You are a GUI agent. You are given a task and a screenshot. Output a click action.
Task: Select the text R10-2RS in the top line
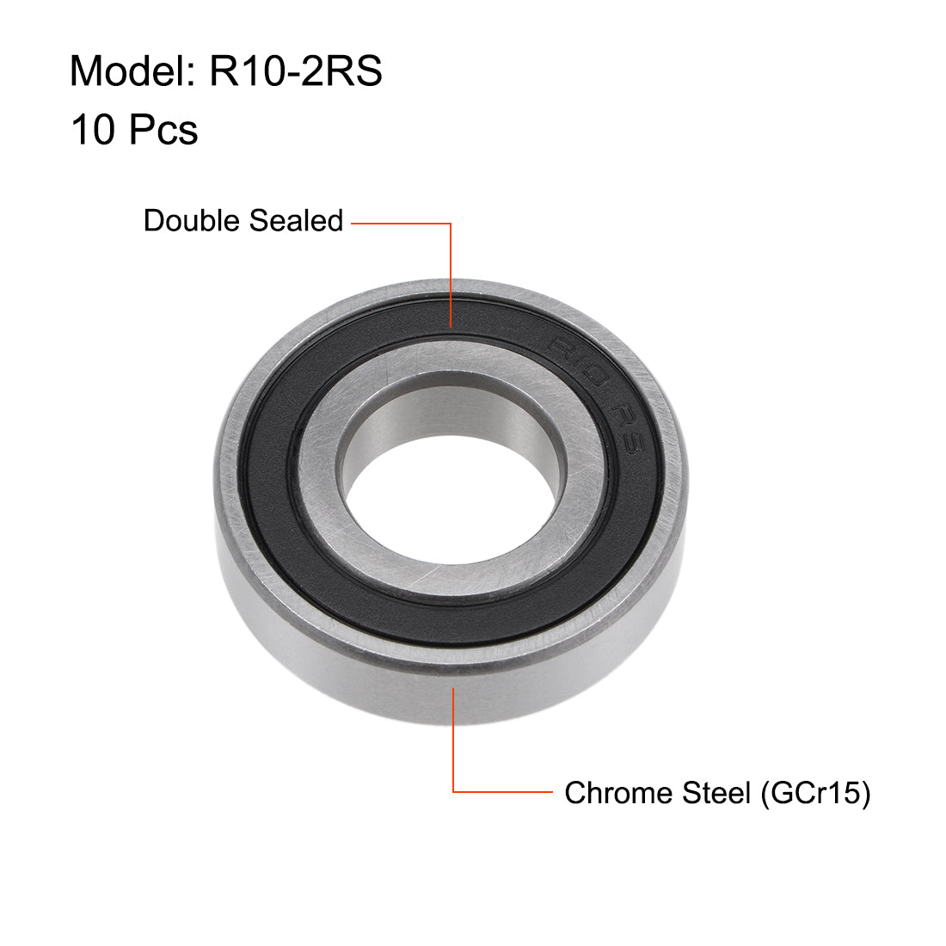(296, 71)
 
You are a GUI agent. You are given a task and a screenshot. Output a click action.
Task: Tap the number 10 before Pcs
(92, 130)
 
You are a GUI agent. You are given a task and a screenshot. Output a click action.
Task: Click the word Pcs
(163, 130)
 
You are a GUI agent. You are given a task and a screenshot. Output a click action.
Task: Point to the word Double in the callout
(191, 221)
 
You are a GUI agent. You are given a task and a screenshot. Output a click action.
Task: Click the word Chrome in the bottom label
(618, 792)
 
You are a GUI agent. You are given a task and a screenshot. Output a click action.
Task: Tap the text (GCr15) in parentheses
(814, 792)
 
